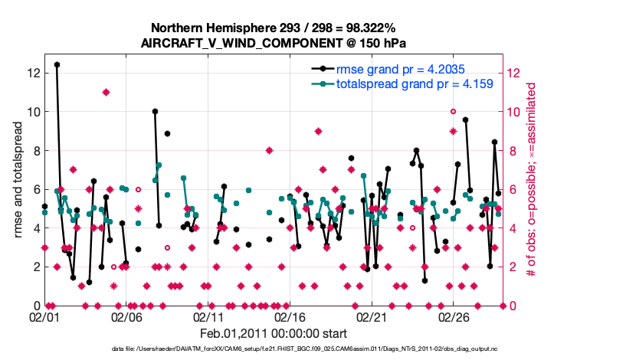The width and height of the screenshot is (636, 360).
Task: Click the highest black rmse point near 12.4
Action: point(57,65)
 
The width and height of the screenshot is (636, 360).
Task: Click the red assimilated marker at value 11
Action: point(107,93)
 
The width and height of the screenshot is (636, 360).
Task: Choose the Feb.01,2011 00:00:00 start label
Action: point(274,334)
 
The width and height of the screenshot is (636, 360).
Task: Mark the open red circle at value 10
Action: point(453,112)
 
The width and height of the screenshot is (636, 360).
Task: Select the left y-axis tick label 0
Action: point(34,306)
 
